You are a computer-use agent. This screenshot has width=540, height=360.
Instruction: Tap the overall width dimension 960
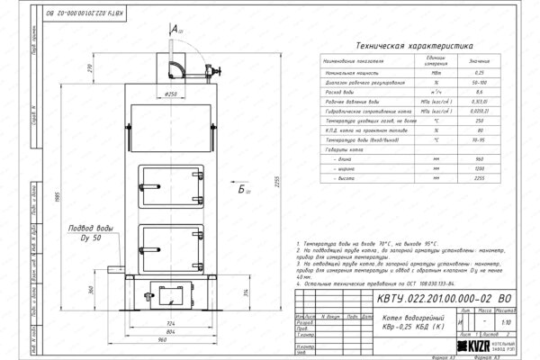pos(162,341)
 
